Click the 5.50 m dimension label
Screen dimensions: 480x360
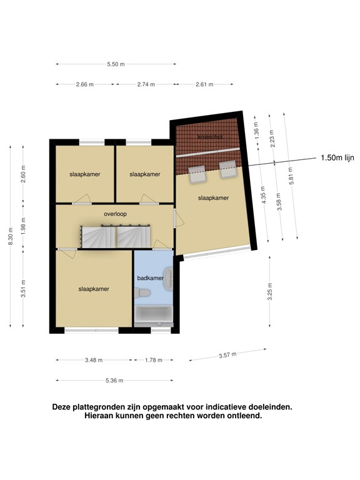coord(116,64)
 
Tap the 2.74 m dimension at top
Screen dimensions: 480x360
coord(146,84)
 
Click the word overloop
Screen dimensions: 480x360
coord(116,214)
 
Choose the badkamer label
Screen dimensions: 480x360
coord(150,278)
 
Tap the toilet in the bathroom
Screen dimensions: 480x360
coord(142,293)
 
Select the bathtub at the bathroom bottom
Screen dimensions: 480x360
coord(154,314)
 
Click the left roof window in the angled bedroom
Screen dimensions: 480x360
coord(198,172)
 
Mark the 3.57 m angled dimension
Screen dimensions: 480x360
coord(227,355)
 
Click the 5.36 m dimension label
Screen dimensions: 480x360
coord(114,381)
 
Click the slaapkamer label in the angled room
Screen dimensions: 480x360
coord(213,197)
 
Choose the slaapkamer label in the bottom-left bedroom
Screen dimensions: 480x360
coord(94,289)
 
